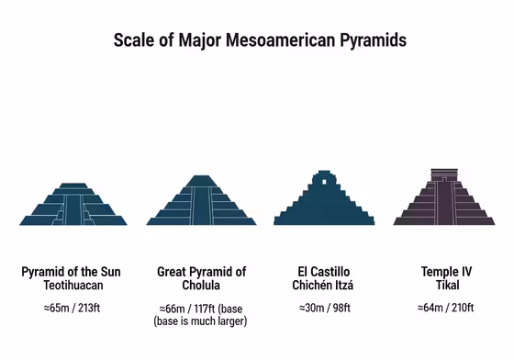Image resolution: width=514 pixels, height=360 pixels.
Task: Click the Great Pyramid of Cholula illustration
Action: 201,201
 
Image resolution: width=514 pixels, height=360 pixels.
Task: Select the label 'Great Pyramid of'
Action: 202,272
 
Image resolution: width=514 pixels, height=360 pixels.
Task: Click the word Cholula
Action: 202,286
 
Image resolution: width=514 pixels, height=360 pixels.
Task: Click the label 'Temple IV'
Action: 446,272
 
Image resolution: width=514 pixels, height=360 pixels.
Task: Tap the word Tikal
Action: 446,286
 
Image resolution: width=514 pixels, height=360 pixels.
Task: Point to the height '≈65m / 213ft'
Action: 73,307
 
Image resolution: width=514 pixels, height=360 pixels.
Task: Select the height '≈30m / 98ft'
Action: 326,307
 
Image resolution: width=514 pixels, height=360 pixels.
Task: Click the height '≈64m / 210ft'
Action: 446,307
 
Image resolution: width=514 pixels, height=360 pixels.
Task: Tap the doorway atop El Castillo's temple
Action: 325,183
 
